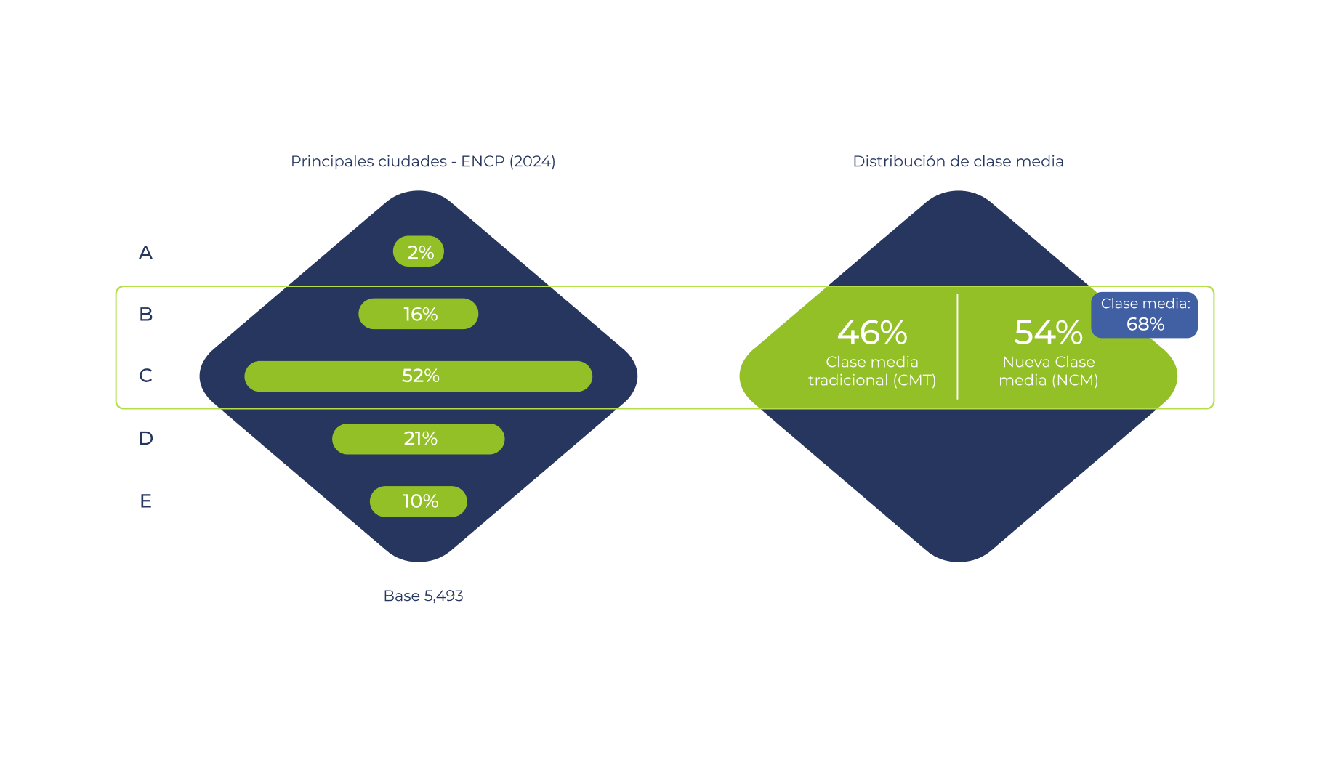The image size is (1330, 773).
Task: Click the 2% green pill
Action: tap(419, 251)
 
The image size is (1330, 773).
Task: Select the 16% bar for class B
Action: tap(419, 314)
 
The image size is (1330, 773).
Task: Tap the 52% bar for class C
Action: tap(419, 376)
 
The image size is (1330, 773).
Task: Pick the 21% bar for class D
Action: tap(419, 439)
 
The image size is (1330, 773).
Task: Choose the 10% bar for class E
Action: tap(419, 501)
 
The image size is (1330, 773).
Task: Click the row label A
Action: tap(145, 253)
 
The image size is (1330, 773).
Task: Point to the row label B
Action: tap(145, 315)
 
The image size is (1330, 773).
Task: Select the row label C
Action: tap(145, 376)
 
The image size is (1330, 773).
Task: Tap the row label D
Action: tap(145, 439)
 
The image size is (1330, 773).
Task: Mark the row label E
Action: tap(145, 501)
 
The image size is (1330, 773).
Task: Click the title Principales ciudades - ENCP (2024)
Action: tap(423, 161)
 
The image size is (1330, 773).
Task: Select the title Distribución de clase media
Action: tap(958, 161)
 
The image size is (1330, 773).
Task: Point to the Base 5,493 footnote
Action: tap(423, 596)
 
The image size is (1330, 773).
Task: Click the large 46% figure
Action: tap(872, 333)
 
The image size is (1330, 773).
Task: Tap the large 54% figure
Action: tap(1048, 333)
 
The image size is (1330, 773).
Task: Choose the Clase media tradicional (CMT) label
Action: tap(872, 371)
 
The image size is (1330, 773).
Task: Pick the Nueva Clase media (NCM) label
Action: tap(1048, 371)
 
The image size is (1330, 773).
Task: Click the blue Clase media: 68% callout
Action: tap(1145, 315)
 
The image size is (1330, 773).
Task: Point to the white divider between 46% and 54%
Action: tap(958, 347)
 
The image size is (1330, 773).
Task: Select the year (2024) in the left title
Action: tap(533, 161)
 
